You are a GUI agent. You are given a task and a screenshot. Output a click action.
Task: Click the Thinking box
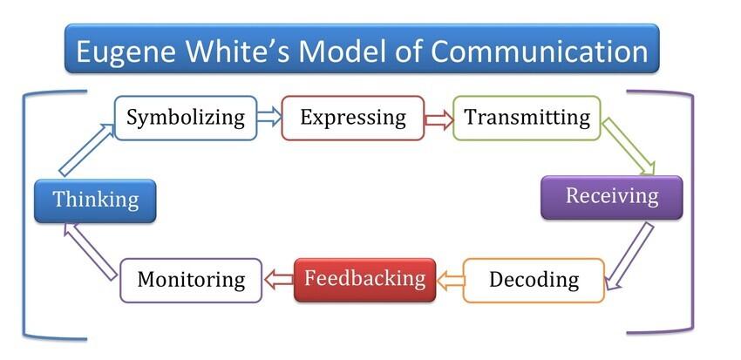click(x=95, y=200)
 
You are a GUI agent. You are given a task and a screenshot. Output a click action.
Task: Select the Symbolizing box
click(x=186, y=118)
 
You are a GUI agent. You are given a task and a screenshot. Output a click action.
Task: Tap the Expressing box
click(x=353, y=118)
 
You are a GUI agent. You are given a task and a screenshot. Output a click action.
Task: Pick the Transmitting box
click(x=527, y=118)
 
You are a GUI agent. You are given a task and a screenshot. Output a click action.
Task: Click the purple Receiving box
click(x=611, y=198)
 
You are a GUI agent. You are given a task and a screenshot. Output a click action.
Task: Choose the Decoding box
click(x=534, y=280)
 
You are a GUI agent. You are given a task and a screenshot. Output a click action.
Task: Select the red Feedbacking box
click(x=364, y=280)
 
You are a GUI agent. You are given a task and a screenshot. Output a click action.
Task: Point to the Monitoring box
click(x=191, y=280)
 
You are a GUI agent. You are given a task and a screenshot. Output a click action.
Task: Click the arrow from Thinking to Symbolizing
click(x=87, y=150)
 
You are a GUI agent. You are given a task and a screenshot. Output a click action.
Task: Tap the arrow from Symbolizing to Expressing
click(x=269, y=118)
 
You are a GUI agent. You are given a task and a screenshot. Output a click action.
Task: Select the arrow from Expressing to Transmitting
click(x=439, y=119)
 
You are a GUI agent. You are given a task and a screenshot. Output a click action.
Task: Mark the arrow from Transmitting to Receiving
click(x=628, y=146)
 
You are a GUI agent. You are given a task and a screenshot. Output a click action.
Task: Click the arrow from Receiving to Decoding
click(x=629, y=255)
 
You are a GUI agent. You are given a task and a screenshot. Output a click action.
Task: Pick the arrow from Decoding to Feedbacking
click(x=450, y=281)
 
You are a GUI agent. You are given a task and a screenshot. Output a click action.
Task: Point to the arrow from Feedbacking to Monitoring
click(x=278, y=280)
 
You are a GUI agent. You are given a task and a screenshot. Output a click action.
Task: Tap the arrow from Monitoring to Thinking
click(x=91, y=251)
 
